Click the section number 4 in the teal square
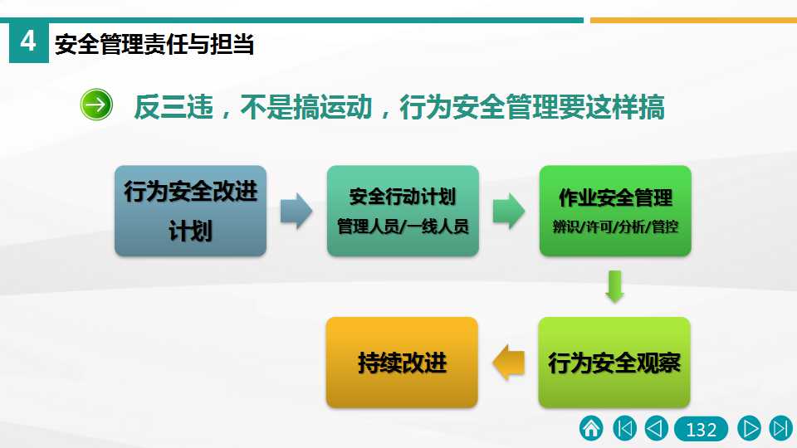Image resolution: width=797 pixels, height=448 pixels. point(28,41)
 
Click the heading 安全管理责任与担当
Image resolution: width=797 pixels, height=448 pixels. point(154,44)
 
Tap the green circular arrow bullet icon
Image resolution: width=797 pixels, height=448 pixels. point(96,105)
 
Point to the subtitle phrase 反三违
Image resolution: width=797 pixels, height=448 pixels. point(174,107)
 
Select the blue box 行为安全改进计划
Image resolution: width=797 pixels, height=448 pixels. point(191,211)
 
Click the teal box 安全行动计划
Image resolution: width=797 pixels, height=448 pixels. point(403,211)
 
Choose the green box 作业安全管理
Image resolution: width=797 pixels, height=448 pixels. point(615,211)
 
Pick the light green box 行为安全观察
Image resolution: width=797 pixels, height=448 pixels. point(614,363)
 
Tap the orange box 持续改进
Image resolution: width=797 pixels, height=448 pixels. point(402,363)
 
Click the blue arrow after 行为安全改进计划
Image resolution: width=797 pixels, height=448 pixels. point(296,211)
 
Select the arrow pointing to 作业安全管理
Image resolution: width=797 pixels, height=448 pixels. point(509,211)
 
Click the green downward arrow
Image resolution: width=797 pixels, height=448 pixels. point(614,287)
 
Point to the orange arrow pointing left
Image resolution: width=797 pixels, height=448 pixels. point(508,363)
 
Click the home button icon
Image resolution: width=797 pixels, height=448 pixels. point(591,428)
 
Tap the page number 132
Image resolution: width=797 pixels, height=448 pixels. point(701,430)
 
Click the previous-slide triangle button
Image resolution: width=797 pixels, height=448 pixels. point(656,428)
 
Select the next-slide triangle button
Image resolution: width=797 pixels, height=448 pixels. point(749,428)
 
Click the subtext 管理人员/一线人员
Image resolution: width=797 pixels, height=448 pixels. point(403,226)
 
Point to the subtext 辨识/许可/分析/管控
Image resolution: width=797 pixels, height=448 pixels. point(615,226)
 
